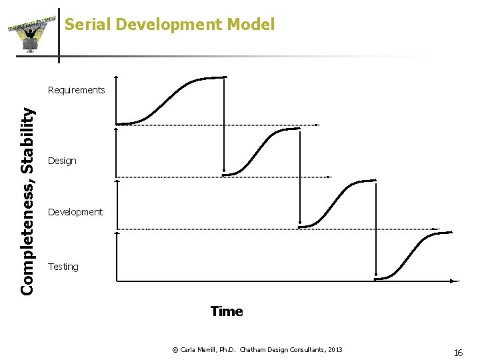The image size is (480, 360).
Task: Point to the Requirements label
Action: point(77,90)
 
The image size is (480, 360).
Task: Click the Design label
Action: point(62,161)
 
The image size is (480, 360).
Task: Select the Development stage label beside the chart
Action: point(75,212)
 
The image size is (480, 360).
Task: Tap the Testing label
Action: point(63,267)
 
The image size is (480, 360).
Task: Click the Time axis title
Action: point(227,311)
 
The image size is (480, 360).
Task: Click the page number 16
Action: point(458,353)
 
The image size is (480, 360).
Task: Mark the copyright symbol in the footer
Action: point(175,350)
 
